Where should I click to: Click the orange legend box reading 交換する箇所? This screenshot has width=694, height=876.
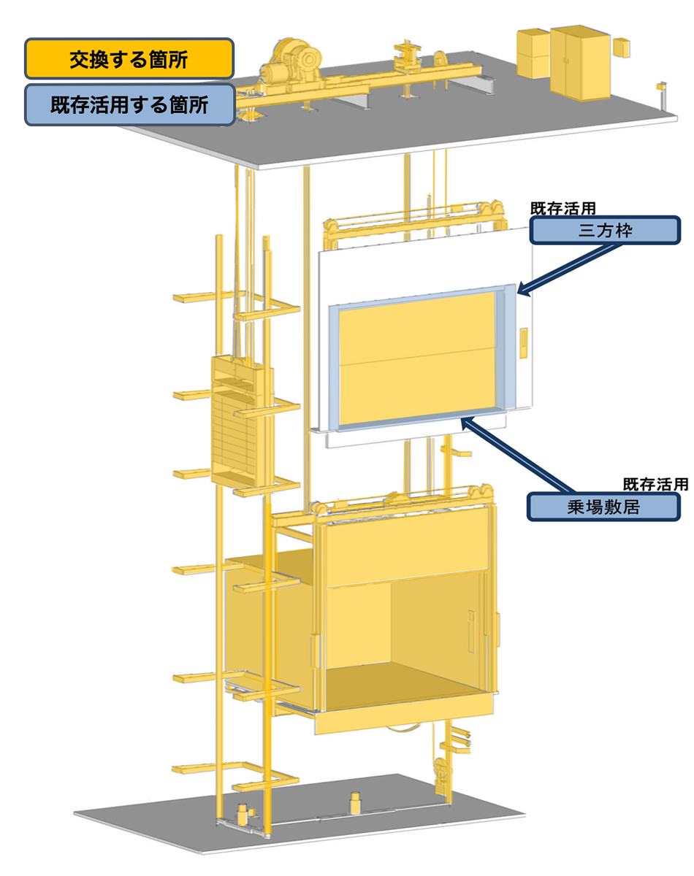[x=129, y=59]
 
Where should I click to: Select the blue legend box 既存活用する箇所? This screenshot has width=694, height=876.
[x=129, y=104]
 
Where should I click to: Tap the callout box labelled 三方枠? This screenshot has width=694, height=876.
[x=604, y=231]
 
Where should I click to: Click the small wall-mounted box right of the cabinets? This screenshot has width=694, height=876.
[x=622, y=47]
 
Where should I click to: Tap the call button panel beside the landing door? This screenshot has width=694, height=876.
[x=523, y=345]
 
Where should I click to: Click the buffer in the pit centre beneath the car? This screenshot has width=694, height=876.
[x=355, y=802]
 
